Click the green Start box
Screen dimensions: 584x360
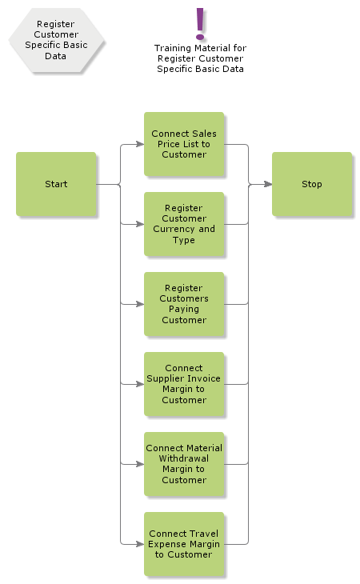click(56, 184)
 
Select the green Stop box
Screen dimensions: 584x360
click(311, 184)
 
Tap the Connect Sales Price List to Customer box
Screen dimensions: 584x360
click(184, 144)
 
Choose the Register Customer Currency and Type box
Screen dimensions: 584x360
click(184, 224)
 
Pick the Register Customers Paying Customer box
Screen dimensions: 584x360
click(184, 304)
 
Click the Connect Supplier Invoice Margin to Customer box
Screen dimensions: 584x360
click(184, 384)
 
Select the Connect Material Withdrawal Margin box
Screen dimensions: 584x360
click(184, 464)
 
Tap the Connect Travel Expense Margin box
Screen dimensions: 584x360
click(184, 544)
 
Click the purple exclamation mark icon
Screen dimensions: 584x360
click(200, 23)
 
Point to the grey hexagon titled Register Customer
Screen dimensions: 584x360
click(56, 40)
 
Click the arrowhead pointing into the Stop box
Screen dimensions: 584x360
click(267, 184)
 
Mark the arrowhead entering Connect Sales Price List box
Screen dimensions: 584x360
click(139, 144)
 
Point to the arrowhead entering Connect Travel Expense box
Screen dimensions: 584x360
click(139, 544)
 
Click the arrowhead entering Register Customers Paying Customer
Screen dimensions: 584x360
click(139, 304)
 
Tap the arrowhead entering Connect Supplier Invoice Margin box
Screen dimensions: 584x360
click(139, 384)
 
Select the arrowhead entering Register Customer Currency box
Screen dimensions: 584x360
click(139, 224)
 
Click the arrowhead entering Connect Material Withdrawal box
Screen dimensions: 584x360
click(139, 464)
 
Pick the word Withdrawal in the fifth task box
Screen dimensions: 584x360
click(184, 459)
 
